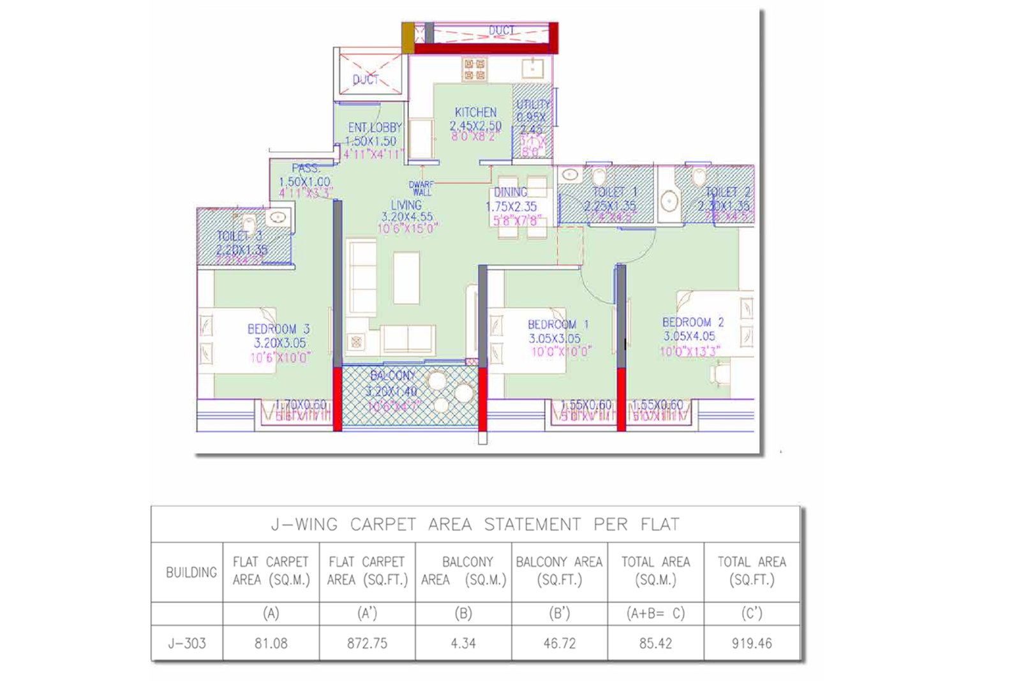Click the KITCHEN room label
pos(475,112)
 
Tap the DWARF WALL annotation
pos(421,188)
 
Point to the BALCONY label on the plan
pos(392,375)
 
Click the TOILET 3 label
pos(239,236)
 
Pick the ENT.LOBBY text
pos(375,128)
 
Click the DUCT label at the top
pos(502,30)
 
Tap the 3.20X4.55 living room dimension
pos(406,217)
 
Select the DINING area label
pos(511,191)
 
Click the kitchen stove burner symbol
pos(474,70)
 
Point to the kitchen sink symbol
pos(532,67)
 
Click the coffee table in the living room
pos(406,278)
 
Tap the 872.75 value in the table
pos(367,643)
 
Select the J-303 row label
pos(187,643)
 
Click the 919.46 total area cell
pos(752,643)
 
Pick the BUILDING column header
pos(191,572)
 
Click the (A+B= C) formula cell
pos(655,613)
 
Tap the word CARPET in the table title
pos(383,524)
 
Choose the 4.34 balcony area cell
pos(463,643)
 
